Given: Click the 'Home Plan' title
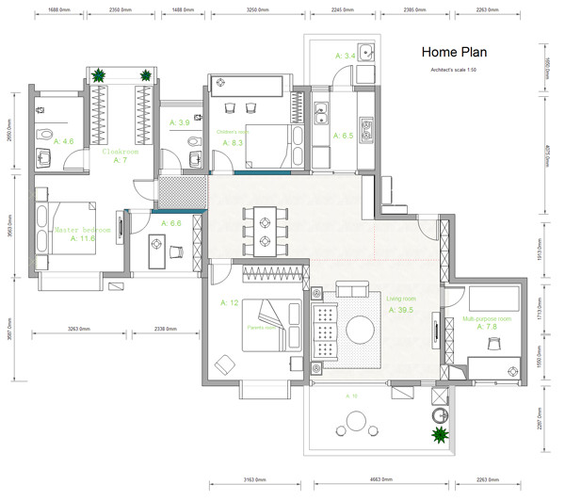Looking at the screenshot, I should tap(453, 52).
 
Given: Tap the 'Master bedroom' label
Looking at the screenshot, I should tap(83, 230).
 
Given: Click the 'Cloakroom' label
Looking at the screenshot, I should tap(121, 151).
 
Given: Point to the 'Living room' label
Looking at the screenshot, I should tap(401, 299).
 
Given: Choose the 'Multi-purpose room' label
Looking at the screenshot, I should tap(487, 319).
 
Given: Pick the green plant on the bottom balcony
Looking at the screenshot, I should tap(439, 435).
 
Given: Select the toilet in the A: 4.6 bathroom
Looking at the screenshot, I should tap(44, 154).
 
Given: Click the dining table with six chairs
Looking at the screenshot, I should tap(264, 231).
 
